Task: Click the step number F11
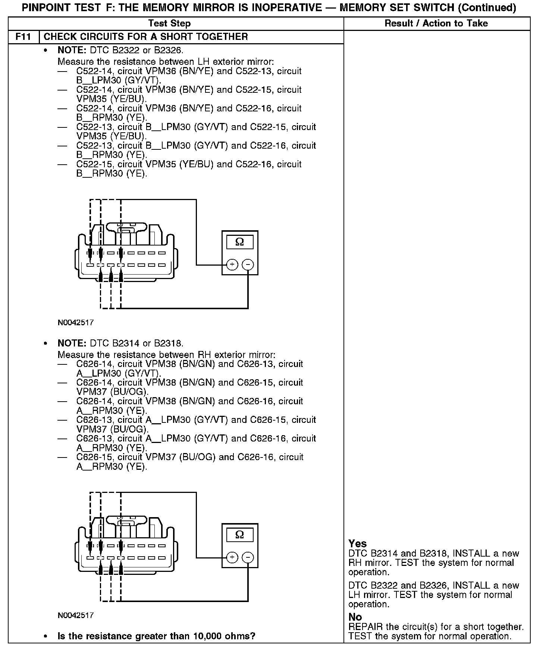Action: coord(23,37)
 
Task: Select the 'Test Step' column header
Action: coord(169,23)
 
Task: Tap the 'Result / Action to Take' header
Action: coord(436,23)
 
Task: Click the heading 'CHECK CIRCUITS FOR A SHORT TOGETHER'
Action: coord(146,37)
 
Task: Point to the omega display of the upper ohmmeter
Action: coord(240,242)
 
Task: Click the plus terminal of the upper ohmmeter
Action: coord(232,265)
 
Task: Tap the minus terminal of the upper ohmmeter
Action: coord(248,265)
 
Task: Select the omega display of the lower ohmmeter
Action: coord(240,535)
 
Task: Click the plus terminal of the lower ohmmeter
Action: coord(232,558)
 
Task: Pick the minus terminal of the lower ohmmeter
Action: coord(248,558)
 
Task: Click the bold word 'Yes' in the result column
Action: coord(358,544)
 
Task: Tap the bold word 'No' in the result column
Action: coord(355,617)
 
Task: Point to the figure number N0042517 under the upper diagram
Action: coord(76,323)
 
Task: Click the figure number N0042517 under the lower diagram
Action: coord(76,615)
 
